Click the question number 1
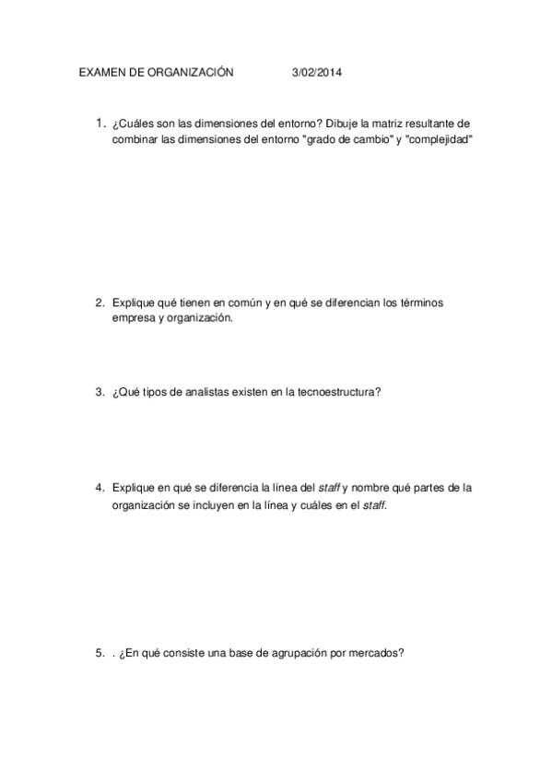(100, 123)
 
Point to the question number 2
(100, 302)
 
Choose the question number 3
(100, 392)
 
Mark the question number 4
(100, 487)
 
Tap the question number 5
(100, 653)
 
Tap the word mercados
(371, 653)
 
